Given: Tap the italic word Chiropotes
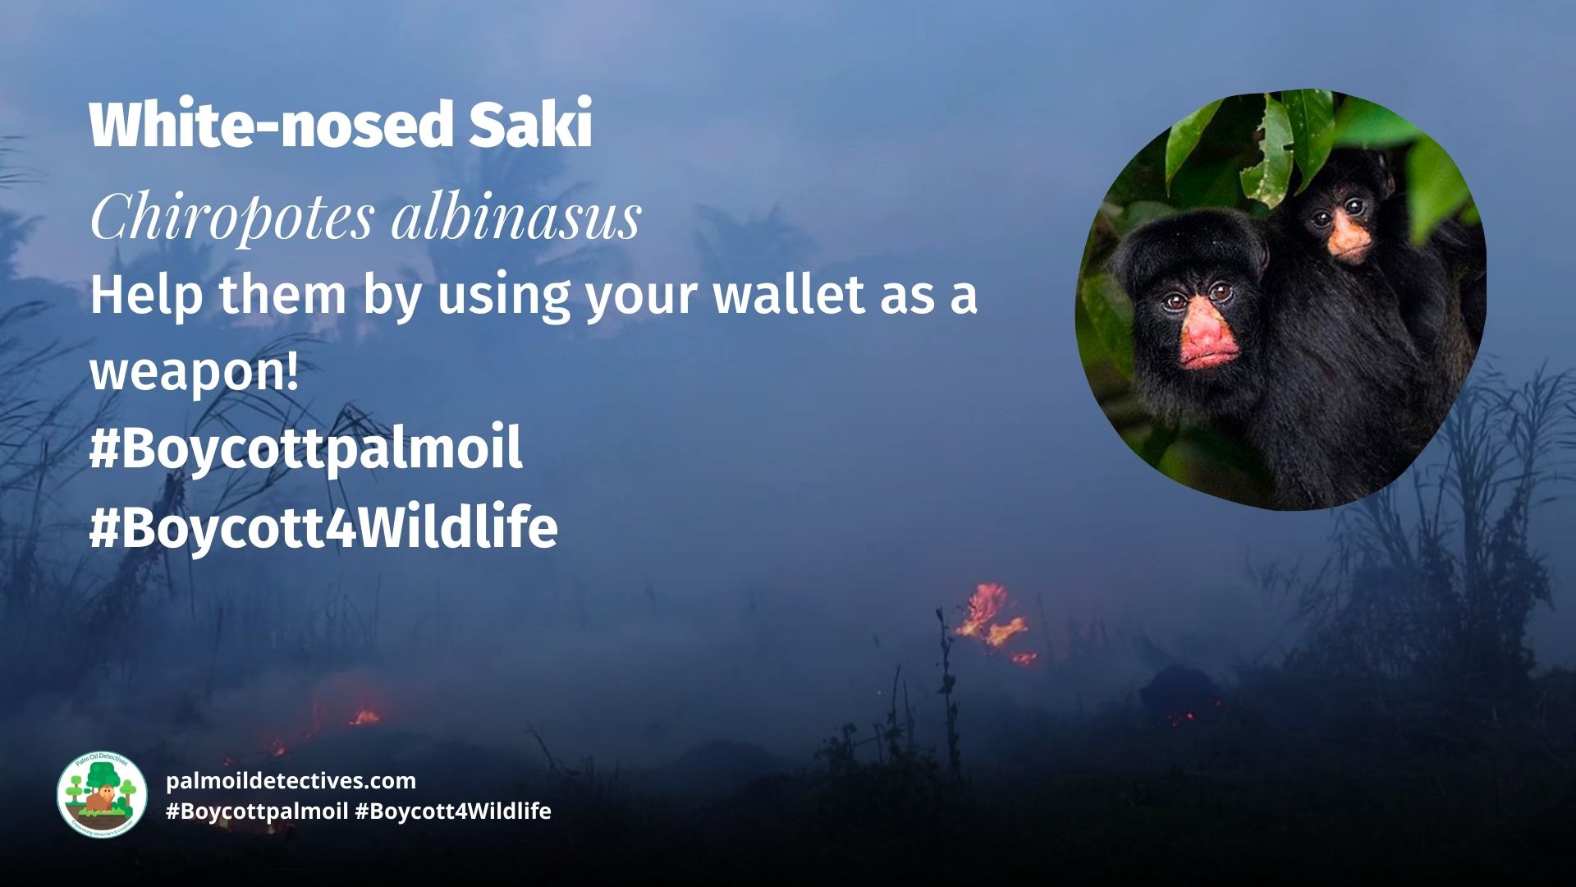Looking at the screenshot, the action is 232,217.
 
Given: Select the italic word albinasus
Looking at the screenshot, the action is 516,217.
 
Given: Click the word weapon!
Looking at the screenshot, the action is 195,372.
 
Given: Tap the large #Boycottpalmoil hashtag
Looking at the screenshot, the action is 305,448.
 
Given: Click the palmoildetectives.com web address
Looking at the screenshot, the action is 291,781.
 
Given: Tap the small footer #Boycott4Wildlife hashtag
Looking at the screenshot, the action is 453,811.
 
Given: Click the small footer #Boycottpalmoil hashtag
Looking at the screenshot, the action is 257,812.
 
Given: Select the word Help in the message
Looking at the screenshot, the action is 145,295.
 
